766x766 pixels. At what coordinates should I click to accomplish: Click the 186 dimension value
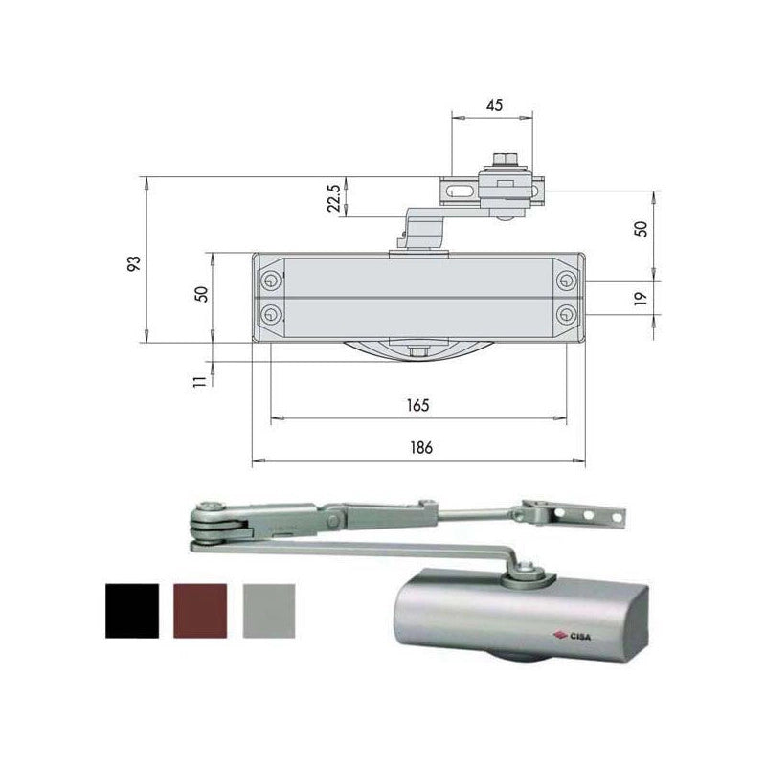pos(421,447)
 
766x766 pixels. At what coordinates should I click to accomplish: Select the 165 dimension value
pos(418,405)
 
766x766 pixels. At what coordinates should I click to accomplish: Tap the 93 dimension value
pos(134,263)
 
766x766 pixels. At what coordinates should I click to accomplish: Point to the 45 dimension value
pos(494,105)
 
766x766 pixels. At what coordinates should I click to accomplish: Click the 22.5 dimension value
pos(334,197)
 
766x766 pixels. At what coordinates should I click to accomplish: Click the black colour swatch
pos(132,611)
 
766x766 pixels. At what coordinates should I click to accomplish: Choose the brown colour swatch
pos(200,611)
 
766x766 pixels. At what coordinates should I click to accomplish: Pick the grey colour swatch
pos(269,611)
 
